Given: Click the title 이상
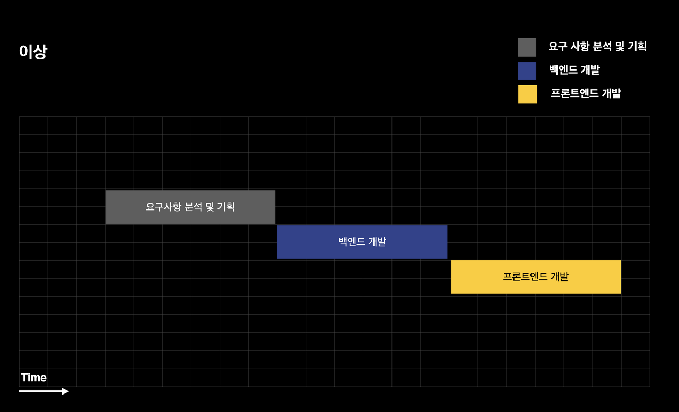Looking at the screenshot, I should coord(33,52).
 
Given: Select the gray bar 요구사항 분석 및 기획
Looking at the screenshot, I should coord(190,207).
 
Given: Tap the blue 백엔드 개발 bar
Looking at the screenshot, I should coord(362,242).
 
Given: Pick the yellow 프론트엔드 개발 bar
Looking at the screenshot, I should coord(535,277).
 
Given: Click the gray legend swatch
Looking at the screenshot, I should coord(527,47).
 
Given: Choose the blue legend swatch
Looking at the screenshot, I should coord(527,71).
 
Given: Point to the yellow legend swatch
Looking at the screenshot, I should coord(527,94).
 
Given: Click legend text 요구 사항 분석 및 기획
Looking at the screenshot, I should coord(597,47).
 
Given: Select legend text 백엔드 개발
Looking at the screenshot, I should coord(574,70).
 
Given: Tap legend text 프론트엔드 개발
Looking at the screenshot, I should coord(586,94).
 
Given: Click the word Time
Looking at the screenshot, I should coord(34,378).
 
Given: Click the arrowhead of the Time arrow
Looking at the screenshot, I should coord(65,391).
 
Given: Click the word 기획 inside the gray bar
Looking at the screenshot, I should coord(225,207).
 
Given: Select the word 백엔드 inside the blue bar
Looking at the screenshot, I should coord(352,242).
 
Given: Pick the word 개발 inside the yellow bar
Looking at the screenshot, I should coord(559,277).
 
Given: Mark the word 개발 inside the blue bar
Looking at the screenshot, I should coord(377,242).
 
